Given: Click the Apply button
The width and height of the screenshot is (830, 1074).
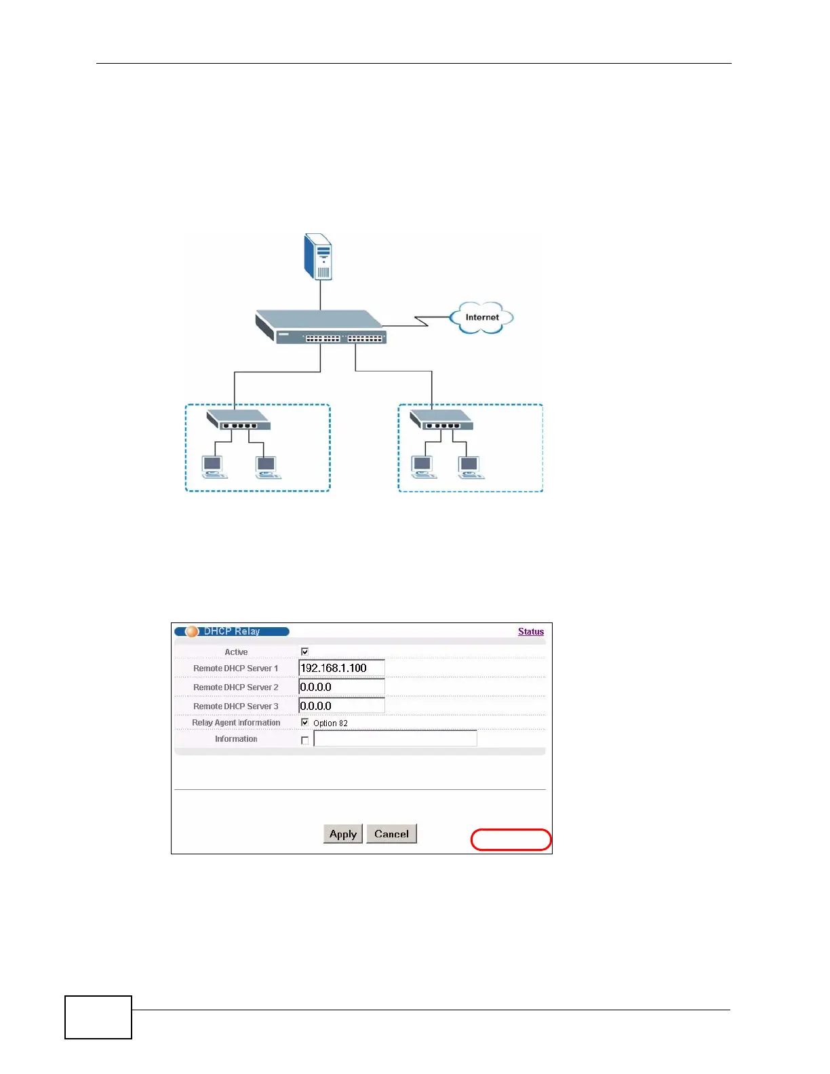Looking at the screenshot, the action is coord(342,834).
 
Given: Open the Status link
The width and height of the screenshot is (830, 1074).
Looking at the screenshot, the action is coord(530,631).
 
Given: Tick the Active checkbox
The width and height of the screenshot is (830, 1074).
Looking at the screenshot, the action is coord(305,652).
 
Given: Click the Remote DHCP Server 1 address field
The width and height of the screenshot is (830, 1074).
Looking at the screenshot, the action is coord(341,668).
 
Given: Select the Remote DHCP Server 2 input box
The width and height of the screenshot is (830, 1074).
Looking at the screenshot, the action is coord(341,687).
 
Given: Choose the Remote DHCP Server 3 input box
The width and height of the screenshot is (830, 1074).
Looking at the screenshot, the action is coord(341,706).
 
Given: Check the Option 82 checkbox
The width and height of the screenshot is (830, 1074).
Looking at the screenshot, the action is coord(305,722).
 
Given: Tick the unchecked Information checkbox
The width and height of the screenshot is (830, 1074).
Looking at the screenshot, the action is coord(305,740).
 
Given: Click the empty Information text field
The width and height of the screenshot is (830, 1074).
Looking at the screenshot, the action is coord(395,738).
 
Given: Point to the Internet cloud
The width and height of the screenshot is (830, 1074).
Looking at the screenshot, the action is coord(481,317).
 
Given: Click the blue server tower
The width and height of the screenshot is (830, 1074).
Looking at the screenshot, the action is coord(319,256).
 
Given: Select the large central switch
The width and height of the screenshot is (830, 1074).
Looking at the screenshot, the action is coord(320,327).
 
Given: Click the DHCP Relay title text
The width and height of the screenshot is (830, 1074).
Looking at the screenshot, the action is coord(232,631).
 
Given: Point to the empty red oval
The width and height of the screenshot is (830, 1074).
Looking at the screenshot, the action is coord(511,839).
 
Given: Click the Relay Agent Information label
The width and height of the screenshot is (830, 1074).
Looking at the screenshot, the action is coord(236,723).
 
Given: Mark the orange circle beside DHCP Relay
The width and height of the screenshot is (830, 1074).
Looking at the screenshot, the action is coord(192,631).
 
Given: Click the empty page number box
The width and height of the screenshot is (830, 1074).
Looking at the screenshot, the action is coord(98,1017).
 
